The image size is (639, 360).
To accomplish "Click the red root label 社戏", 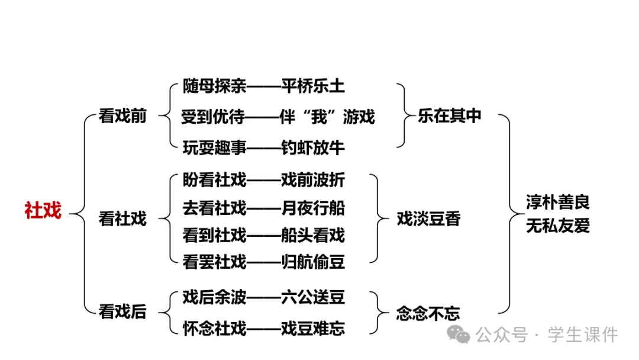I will click(x=43, y=210).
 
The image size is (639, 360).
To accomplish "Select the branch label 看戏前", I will click(x=122, y=117).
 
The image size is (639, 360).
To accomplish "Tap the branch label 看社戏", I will click(x=122, y=218).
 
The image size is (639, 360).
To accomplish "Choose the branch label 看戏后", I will click(x=122, y=311).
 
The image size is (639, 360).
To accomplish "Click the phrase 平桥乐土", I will click(x=312, y=86).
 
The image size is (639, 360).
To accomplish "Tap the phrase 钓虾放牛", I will click(x=312, y=147).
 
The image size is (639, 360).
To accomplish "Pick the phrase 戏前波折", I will click(x=312, y=180).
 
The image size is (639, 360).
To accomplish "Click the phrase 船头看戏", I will click(x=312, y=235).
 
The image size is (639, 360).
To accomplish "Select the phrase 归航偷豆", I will click(x=312, y=261).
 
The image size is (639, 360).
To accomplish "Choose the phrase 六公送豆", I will click(x=312, y=297).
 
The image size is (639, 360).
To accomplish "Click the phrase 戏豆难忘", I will click(x=312, y=327).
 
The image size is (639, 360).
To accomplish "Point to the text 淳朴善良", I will click(x=558, y=202).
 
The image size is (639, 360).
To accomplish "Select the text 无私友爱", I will click(x=558, y=226).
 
